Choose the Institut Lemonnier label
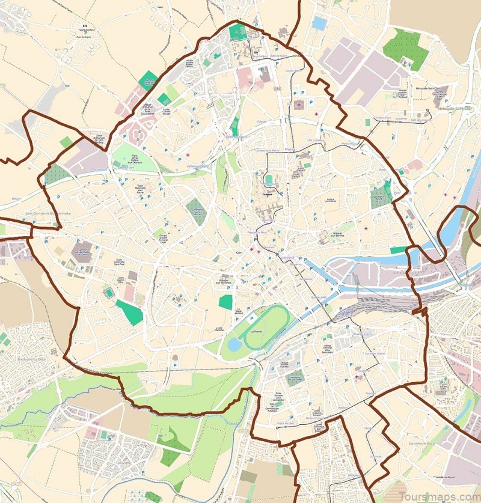coord(329,200)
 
